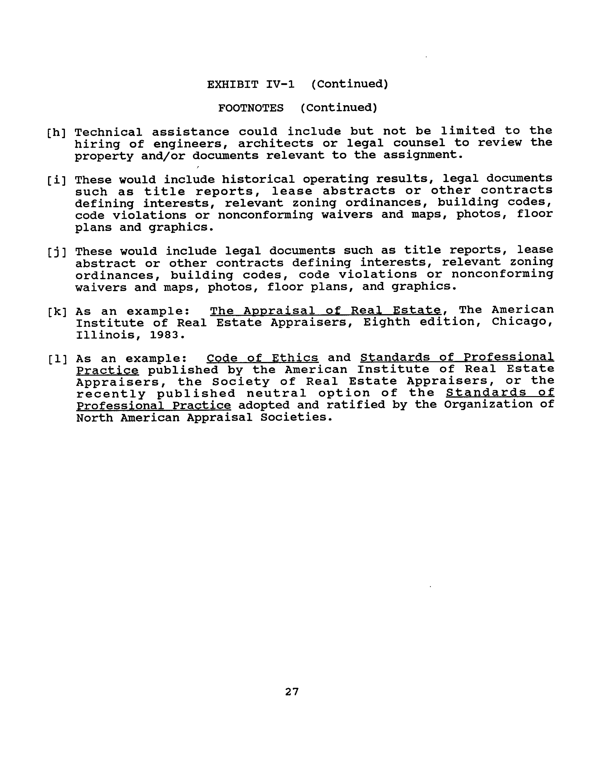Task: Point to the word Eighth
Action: pos(386,322)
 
